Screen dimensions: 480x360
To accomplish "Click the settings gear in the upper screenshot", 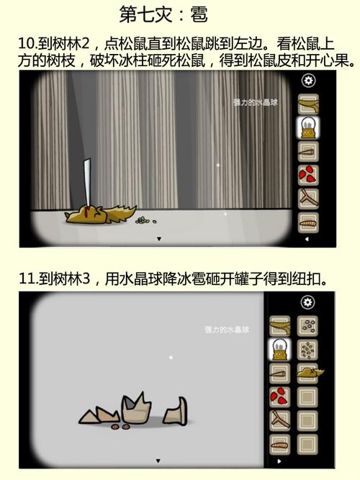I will [309, 81].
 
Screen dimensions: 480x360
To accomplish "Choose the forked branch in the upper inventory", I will [309, 198].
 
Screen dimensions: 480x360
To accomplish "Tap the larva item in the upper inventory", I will [309, 221].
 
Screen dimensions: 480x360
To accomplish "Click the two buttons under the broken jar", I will [120, 427].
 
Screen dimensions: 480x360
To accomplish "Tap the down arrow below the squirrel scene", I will [158, 238].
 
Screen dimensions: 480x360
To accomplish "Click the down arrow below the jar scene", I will [158, 461].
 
